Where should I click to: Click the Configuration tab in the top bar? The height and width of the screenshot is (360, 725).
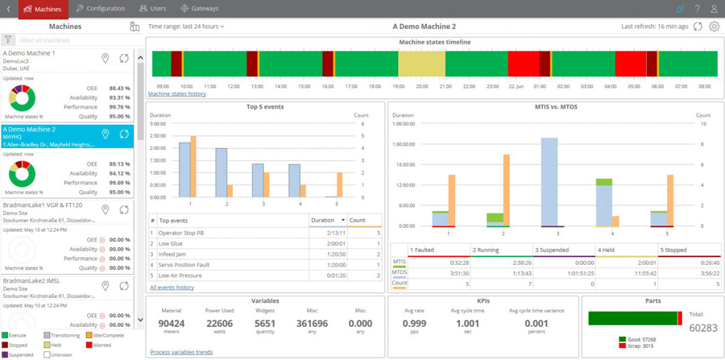101,8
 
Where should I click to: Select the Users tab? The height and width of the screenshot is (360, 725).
153,8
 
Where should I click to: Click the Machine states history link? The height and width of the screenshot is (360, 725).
176,94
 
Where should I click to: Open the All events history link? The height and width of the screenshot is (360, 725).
172,288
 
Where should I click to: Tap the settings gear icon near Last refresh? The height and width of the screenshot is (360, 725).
714,27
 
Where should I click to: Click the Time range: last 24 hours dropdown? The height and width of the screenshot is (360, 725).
186,27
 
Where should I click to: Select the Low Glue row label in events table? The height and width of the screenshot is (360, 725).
170,242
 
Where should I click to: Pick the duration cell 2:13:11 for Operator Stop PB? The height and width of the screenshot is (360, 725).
333,232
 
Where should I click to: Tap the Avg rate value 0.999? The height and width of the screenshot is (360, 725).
415,324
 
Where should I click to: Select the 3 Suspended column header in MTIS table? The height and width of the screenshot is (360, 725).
563,250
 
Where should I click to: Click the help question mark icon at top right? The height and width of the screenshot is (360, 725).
697,8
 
